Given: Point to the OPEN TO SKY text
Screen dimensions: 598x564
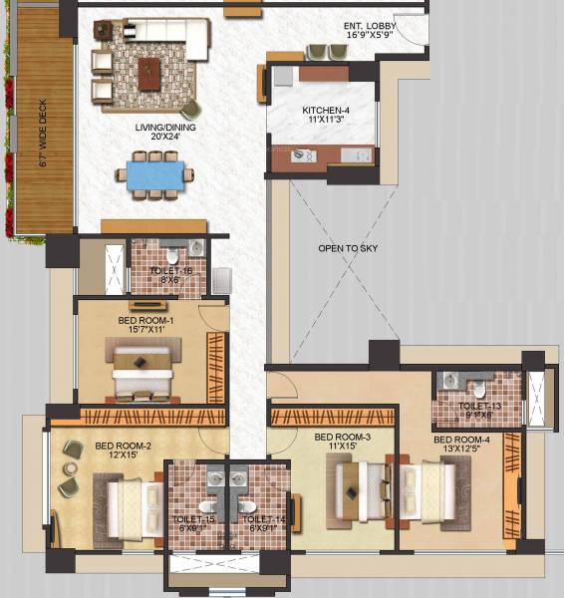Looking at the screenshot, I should (x=341, y=248).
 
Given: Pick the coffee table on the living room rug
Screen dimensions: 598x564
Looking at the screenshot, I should (x=149, y=70).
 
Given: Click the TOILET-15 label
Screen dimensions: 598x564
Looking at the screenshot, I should (x=195, y=520).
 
